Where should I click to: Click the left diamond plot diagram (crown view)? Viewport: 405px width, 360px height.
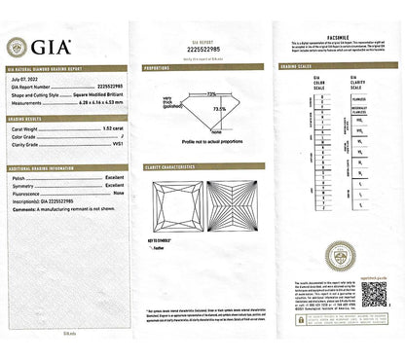(x=175, y=208)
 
